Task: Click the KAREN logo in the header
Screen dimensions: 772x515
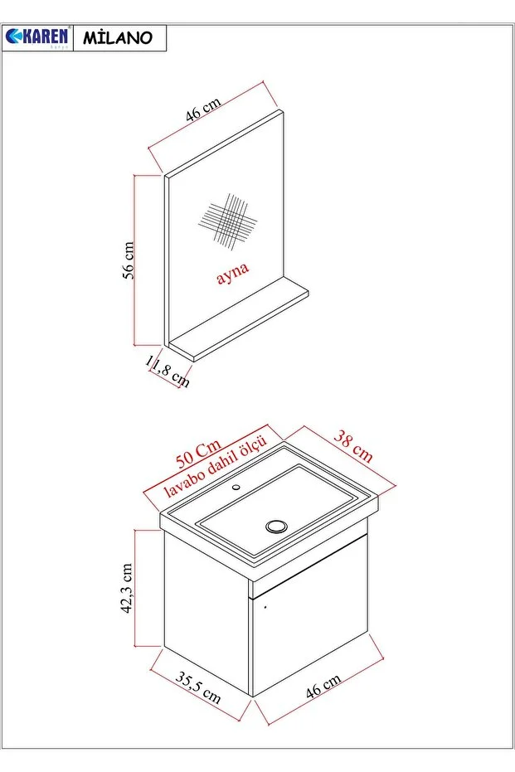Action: click(x=38, y=38)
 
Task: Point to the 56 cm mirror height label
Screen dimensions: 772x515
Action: click(x=129, y=260)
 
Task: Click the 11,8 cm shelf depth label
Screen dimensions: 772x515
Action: click(x=168, y=371)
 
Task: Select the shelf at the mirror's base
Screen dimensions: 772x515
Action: click(x=240, y=323)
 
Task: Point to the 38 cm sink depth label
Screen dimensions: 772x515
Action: click(x=352, y=445)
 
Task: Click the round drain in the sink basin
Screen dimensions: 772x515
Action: click(x=276, y=525)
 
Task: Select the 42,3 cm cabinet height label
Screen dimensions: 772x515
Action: click(x=127, y=588)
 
